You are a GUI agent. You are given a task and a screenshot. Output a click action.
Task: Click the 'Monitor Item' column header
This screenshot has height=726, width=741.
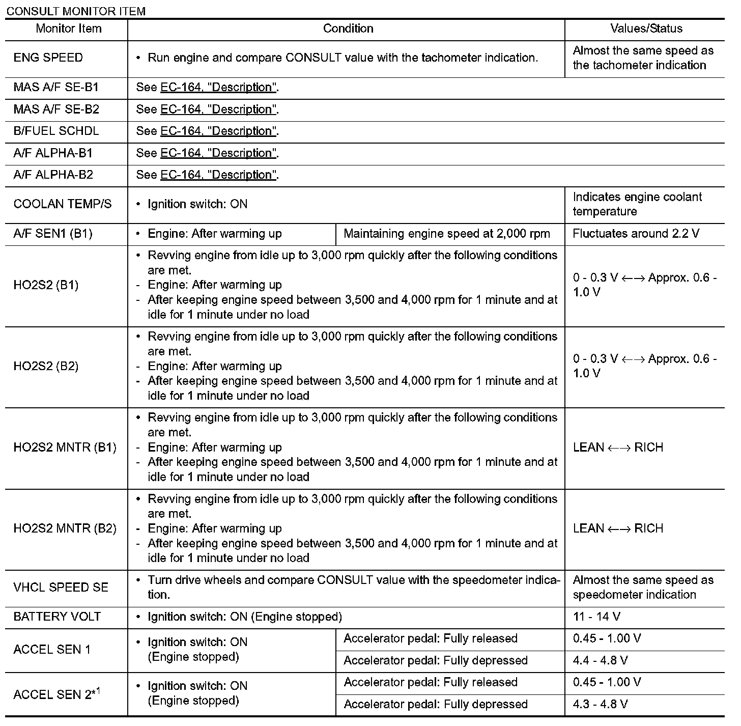tap(68, 29)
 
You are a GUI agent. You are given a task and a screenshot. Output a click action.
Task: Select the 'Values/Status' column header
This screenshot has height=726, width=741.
tap(646, 29)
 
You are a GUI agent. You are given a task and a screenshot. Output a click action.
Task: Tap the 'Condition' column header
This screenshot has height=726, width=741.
tap(348, 29)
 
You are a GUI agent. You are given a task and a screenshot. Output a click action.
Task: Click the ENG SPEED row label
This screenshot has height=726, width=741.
tap(48, 58)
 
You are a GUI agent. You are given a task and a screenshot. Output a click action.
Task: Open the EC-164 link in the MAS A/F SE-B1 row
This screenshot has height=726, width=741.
tap(218, 88)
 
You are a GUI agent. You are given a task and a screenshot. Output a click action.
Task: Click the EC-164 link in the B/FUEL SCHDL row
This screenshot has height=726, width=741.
tap(218, 131)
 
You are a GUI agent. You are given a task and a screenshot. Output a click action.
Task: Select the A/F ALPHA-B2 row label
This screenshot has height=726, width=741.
tap(53, 175)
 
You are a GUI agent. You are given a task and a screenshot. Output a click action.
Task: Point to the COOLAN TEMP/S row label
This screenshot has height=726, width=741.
tap(63, 204)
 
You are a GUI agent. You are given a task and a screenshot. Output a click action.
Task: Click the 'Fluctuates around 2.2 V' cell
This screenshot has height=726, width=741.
tap(636, 234)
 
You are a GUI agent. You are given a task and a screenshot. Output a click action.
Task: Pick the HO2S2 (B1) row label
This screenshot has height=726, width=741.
tap(46, 285)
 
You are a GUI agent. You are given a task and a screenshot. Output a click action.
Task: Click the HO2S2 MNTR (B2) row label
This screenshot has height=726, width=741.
tap(65, 528)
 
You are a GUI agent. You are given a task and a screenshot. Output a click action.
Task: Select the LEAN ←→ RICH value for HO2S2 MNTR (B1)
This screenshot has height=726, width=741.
tap(618, 448)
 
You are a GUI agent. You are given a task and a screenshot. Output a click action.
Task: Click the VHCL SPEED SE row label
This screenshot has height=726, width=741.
tap(61, 588)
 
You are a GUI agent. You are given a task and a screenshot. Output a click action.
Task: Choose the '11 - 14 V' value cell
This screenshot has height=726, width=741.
tap(596, 617)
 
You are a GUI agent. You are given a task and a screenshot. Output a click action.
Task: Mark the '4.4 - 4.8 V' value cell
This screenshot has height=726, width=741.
tap(600, 661)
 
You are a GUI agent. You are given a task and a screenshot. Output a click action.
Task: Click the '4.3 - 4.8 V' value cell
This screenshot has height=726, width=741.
tap(600, 705)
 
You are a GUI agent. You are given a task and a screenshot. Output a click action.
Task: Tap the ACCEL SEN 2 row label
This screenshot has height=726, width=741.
tap(56, 694)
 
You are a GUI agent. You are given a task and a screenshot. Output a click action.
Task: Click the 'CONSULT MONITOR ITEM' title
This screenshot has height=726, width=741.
tap(76, 11)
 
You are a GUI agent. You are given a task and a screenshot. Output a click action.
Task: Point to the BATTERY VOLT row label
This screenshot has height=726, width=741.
tap(58, 617)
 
